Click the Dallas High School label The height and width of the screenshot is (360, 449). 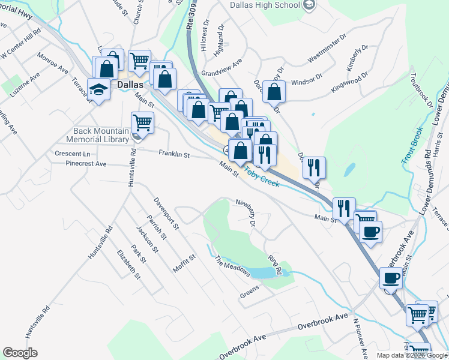click(265, 5)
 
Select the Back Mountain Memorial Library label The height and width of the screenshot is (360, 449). click(101, 135)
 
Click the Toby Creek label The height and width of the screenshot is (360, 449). click(262, 175)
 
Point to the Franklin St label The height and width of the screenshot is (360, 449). click(174, 154)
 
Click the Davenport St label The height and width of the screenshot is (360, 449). click(166, 214)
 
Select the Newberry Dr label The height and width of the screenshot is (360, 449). click(246, 213)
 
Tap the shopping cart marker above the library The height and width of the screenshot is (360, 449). click(142, 122)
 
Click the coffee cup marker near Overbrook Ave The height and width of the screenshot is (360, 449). click(391, 278)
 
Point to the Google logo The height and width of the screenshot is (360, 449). click(20, 353)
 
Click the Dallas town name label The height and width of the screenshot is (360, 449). click(130, 85)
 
